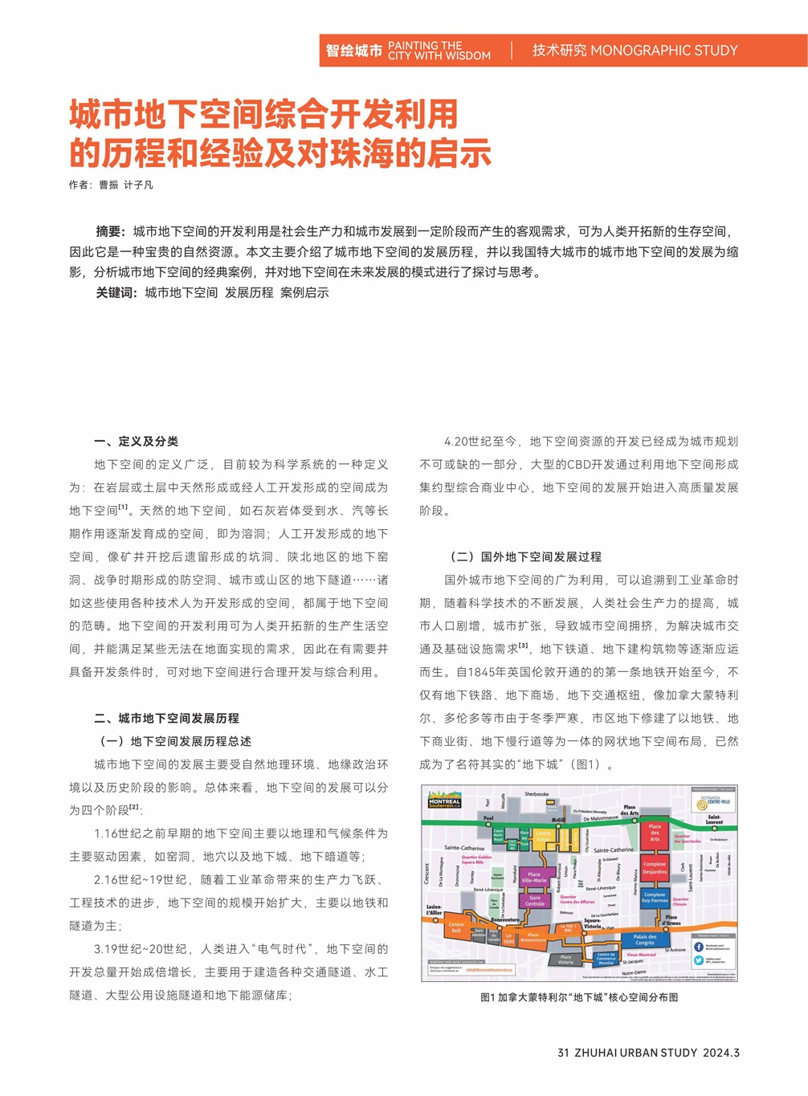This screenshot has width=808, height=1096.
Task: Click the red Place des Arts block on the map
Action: point(655,833)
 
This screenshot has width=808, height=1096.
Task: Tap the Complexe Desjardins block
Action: point(655,868)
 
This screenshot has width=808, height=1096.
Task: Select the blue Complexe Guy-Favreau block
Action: point(654,898)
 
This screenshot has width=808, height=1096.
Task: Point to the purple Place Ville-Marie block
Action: point(533,878)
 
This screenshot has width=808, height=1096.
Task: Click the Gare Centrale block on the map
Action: point(535,901)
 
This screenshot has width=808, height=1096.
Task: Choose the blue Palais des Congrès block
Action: point(644,939)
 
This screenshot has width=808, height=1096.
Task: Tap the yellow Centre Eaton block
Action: point(544,837)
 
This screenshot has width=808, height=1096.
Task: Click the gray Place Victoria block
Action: point(565,959)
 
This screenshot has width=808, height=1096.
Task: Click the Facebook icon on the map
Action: point(699,947)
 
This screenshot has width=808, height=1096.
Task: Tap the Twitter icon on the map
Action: point(699,960)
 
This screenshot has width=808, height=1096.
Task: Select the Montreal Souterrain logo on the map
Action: point(444,801)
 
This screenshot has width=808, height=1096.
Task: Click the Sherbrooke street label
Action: point(537,794)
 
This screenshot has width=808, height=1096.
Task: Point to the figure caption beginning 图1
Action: point(578,997)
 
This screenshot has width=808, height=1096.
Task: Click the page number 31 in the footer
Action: point(563,1053)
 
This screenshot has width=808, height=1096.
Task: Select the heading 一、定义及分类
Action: point(136,441)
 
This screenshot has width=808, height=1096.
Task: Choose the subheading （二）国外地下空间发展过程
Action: point(524,556)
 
